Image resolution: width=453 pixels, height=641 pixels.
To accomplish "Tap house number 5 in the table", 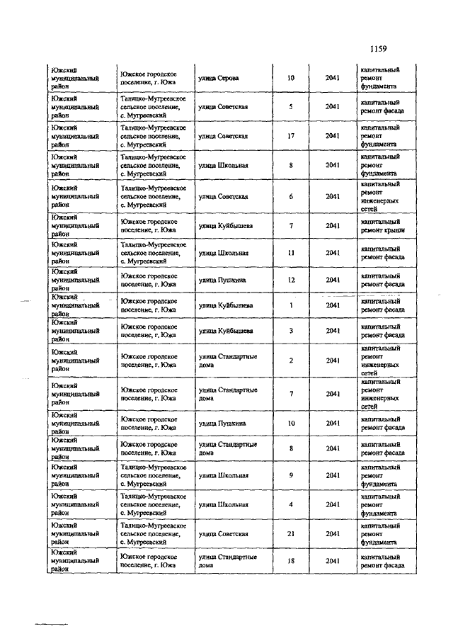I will (291, 107).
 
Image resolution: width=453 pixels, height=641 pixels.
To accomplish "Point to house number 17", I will (291, 136).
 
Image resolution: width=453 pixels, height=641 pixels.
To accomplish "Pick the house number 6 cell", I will (291, 196).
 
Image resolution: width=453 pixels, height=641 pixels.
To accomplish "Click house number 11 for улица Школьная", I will (291, 253).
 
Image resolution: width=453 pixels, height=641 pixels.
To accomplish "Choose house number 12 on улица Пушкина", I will (291, 280).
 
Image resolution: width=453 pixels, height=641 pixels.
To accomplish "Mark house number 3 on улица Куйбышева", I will (291, 331).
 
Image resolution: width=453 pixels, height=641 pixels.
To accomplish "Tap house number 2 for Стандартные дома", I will (291, 361).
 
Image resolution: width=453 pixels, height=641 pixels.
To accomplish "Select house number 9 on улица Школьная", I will (291, 475).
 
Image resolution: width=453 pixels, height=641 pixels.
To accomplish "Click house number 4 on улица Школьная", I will (291, 504).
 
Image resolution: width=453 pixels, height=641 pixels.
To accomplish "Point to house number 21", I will (291, 533).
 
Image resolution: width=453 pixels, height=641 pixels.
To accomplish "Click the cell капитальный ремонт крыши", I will (382, 226).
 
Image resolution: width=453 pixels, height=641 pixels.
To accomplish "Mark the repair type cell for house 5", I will (382, 107).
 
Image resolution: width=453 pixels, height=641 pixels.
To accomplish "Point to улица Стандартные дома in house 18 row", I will (227, 561).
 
